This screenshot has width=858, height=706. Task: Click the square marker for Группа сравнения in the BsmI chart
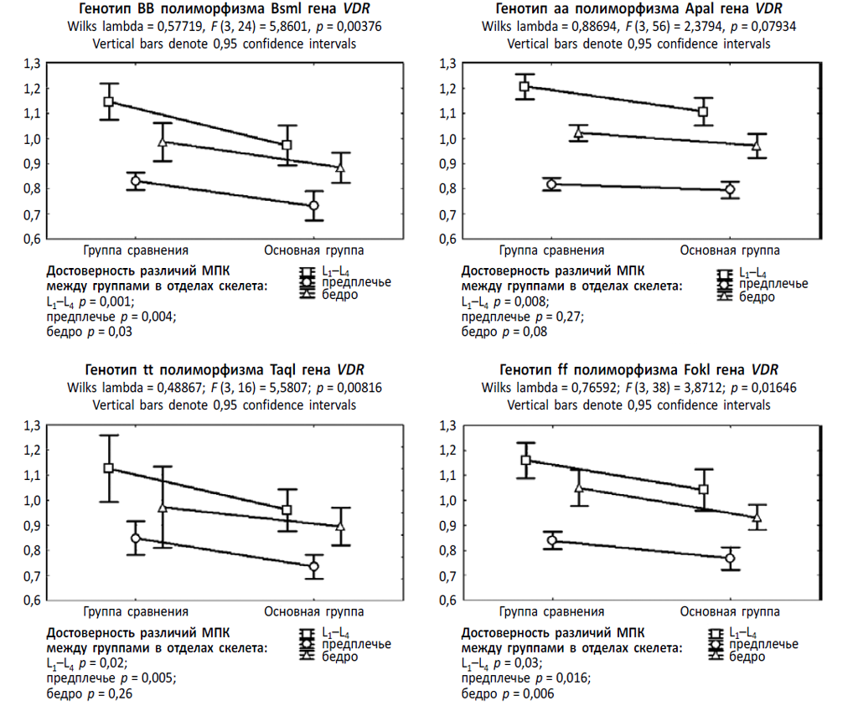[108, 101]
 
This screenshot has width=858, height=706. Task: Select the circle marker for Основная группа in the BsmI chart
[313, 205]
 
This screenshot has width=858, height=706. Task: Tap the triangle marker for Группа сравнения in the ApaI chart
[577, 132]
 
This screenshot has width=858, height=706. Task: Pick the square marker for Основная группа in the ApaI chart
[703, 111]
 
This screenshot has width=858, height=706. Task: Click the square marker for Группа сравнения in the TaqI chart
[108, 468]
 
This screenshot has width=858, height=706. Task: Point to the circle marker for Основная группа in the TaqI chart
[313, 566]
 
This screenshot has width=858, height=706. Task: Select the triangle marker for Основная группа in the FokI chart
[757, 517]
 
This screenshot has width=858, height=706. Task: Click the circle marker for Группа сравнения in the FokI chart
[551, 540]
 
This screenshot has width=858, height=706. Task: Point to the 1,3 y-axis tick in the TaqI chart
[33, 425]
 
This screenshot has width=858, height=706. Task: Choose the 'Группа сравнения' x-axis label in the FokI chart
[551, 611]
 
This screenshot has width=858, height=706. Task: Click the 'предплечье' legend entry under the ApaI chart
[774, 284]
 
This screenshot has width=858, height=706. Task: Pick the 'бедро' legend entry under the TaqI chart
[340, 656]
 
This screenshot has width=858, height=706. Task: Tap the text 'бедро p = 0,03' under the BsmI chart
[90, 332]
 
